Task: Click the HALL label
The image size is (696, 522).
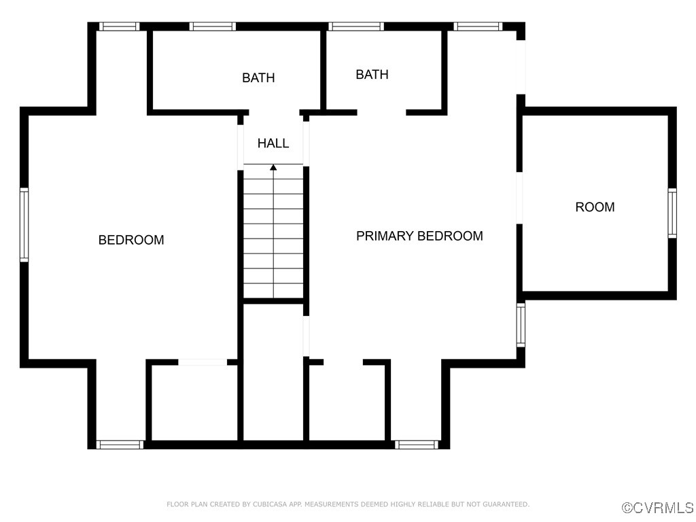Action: tap(273, 143)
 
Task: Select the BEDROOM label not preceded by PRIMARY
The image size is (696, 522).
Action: tap(131, 240)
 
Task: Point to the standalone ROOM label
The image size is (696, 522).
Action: tap(595, 207)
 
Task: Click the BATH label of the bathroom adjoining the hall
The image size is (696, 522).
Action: tap(258, 77)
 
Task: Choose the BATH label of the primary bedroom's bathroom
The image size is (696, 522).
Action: tap(372, 74)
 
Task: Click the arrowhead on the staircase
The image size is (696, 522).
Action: tap(273, 167)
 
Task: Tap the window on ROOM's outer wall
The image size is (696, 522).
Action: tap(672, 213)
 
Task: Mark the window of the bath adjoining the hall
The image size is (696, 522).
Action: tap(212, 27)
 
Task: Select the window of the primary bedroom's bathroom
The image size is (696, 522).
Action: tap(355, 27)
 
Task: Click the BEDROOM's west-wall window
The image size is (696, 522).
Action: tap(24, 225)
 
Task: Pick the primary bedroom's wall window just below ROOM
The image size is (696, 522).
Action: tap(521, 324)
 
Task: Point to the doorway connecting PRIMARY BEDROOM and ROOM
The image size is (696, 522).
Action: tap(520, 198)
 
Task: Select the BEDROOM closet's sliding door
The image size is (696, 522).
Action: tap(203, 362)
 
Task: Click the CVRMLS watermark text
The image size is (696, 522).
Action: tap(663, 508)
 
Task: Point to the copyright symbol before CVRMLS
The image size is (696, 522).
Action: tap(627, 508)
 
